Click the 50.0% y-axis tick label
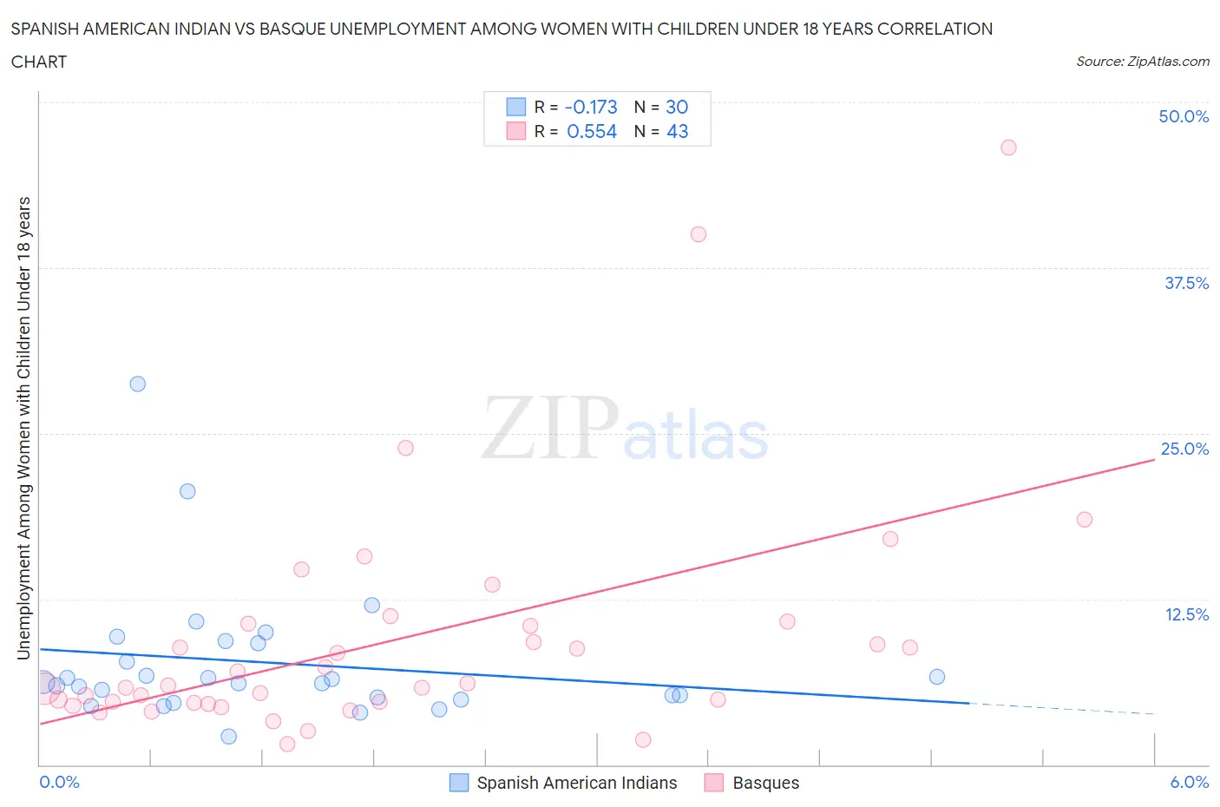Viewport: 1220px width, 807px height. (x=1184, y=116)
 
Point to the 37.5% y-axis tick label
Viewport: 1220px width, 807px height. (x=1186, y=283)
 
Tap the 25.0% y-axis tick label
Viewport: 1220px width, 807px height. (x=1184, y=449)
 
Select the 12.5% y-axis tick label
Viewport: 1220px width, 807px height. (x=1186, y=614)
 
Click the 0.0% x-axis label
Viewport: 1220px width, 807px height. (x=59, y=782)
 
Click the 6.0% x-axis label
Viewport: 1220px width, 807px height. (x=1189, y=782)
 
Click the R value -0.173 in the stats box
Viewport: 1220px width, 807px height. (x=591, y=107)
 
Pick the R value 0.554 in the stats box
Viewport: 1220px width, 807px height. (x=592, y=131)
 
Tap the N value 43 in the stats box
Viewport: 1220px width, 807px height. (x=677, y=131)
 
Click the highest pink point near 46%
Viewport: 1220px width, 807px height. (x=1008, y=148)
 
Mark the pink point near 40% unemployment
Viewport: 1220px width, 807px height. (x=699, y=234)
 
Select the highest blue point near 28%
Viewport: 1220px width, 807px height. (x=138, y=384)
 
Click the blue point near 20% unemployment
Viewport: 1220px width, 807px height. (x=187, y=491)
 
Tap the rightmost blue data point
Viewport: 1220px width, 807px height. (x=937, y=677)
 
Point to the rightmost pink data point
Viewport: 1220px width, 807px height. (x=1085, y=520)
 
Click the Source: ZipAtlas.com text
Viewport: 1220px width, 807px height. (x=1142, y=62)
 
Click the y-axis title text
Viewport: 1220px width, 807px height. (x=23, y=428)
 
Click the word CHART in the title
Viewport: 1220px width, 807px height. (x=39, y=62)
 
